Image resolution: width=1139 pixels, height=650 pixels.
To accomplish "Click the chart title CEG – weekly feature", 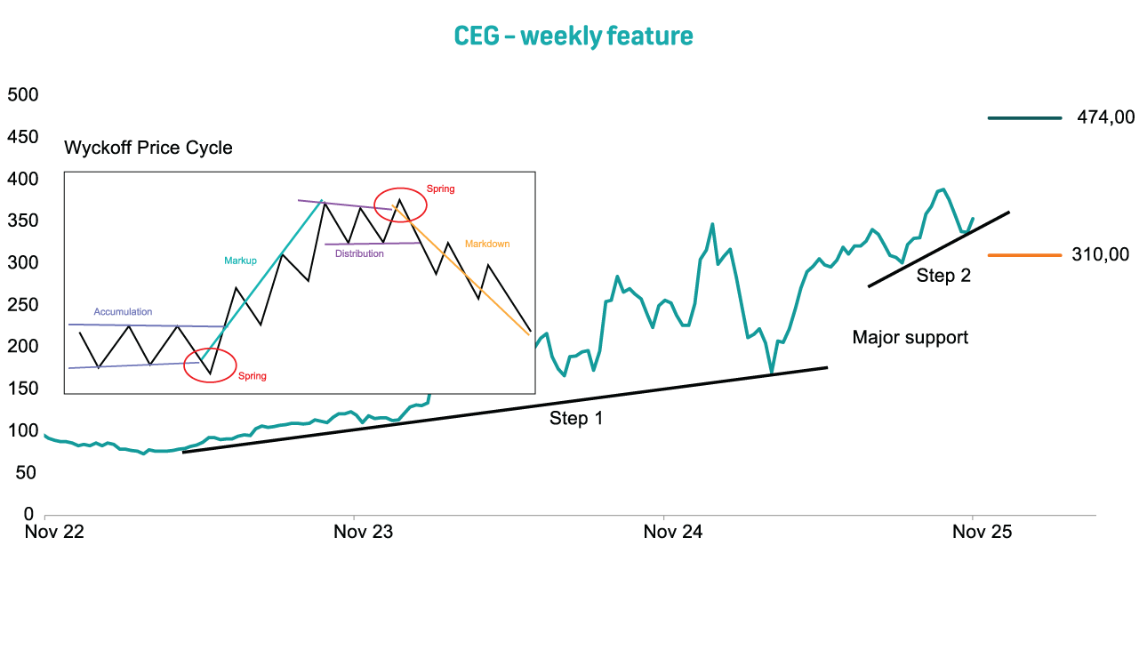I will [573, 36].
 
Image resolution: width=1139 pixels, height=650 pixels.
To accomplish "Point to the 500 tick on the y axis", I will [22, 95].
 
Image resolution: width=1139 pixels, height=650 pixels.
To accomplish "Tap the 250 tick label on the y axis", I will [22, 305].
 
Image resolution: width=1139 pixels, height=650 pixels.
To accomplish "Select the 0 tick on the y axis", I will [28, 515].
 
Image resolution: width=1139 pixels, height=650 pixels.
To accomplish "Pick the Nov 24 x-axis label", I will [673, 533].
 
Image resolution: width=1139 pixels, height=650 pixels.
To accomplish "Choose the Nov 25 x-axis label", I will [983, 533].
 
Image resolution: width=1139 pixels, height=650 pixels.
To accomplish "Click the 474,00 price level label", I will [1105, 117].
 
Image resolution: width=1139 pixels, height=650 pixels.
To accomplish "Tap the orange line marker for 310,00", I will [1024, 255].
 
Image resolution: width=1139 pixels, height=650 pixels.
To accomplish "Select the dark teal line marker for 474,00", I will [1024, 117].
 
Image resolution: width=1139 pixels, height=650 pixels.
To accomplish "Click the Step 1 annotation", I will [576, 418].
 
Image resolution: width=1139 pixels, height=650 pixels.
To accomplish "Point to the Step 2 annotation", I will [943, 276].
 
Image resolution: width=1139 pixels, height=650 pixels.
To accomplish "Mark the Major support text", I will [910, 337].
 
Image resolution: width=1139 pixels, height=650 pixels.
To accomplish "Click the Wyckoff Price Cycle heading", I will [148, 148].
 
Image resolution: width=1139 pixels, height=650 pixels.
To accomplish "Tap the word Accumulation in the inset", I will [123, 312].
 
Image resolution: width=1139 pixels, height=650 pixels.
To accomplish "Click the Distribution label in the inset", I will [359, 253].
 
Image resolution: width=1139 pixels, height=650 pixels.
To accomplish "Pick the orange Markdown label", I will [487, 244].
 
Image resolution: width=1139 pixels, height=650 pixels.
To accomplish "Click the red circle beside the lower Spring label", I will [210, 365].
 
